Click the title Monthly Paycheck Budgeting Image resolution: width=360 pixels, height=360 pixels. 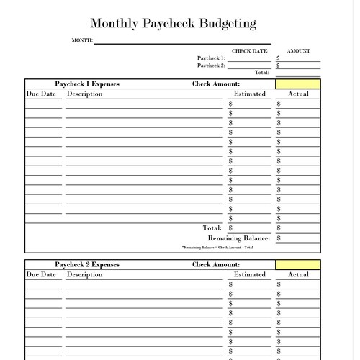(173, 24)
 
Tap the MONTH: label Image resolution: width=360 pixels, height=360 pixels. (83, 40)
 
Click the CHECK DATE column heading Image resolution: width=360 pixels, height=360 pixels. (249, 51)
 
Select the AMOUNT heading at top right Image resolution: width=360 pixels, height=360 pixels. (298, 51)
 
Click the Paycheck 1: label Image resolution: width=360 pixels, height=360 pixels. (211, 58)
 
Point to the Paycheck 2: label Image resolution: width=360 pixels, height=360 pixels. (211, 66)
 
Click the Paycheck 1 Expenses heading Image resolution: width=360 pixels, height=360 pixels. (87, 84)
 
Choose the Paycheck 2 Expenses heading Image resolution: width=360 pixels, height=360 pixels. (87, 265)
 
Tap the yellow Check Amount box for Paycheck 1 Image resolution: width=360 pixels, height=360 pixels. (297, 84)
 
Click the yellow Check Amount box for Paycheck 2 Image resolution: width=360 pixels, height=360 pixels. (297, 265)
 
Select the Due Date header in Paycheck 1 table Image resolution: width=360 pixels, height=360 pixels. (41, 94)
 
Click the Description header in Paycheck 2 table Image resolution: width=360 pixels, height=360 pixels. (85, 275)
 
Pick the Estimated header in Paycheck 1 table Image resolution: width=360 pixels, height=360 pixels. (250, 94)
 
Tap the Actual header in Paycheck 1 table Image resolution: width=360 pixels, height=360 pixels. (298, 94)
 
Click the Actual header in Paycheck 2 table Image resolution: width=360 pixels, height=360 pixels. (298, 275)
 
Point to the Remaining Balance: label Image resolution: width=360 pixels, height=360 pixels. (239, 238)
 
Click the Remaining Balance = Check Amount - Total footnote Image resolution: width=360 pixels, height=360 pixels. (217, 248)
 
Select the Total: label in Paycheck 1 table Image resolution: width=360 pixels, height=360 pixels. (212, 228)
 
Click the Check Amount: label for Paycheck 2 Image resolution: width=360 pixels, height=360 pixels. (216, 265)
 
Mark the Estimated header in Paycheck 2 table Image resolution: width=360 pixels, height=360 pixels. (250, 275)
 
